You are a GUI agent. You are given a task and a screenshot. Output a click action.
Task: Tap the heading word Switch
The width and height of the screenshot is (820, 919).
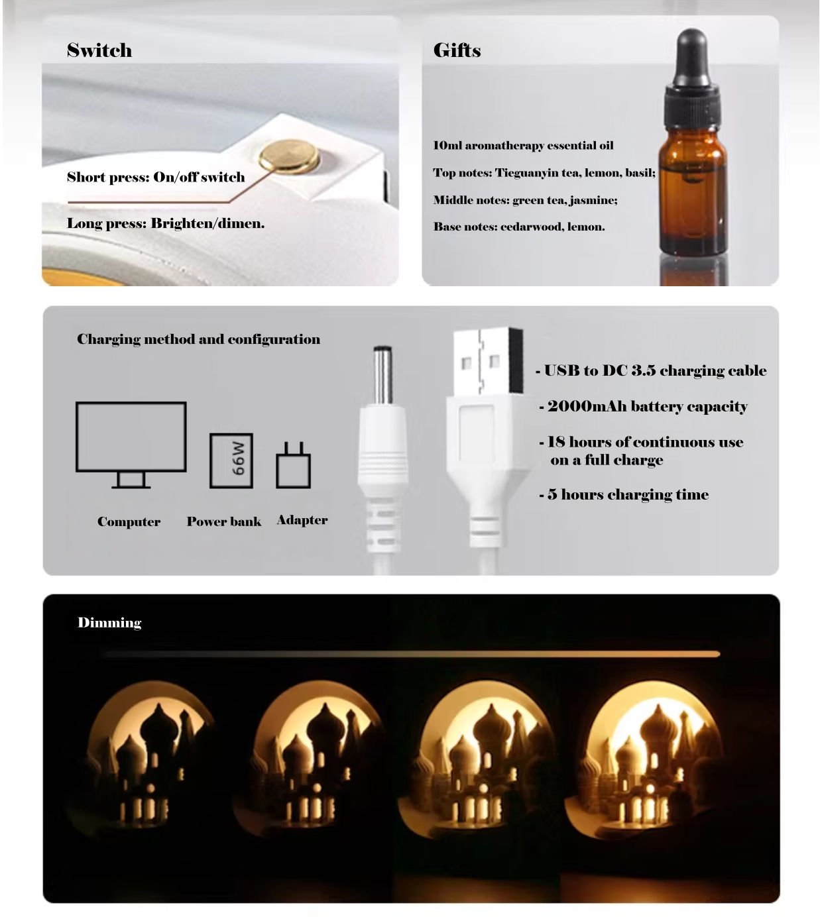[99, 50]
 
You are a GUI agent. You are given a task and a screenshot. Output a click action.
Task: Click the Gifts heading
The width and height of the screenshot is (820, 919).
[457, 50]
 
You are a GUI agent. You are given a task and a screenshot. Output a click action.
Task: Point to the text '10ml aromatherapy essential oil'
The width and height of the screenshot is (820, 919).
[523, 146]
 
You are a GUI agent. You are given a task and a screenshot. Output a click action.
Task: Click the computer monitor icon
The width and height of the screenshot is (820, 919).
[131, 443]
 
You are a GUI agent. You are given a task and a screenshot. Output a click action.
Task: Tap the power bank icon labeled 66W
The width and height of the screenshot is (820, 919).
[231, 460]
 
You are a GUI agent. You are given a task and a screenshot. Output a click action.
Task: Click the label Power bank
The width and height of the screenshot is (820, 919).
[223, 521]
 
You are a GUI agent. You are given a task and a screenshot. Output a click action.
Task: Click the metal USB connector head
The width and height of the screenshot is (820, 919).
[487, 362]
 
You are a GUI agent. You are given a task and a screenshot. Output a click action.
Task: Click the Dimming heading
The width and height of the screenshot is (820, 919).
[109, 623]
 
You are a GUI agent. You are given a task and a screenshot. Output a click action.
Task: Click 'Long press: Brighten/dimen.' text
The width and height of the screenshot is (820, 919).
[166, 223]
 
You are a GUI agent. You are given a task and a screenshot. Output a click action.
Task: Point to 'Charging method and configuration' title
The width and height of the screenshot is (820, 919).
[198, 339]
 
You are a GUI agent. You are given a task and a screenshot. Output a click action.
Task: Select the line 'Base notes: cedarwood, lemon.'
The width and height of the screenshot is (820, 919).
[519, 227]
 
